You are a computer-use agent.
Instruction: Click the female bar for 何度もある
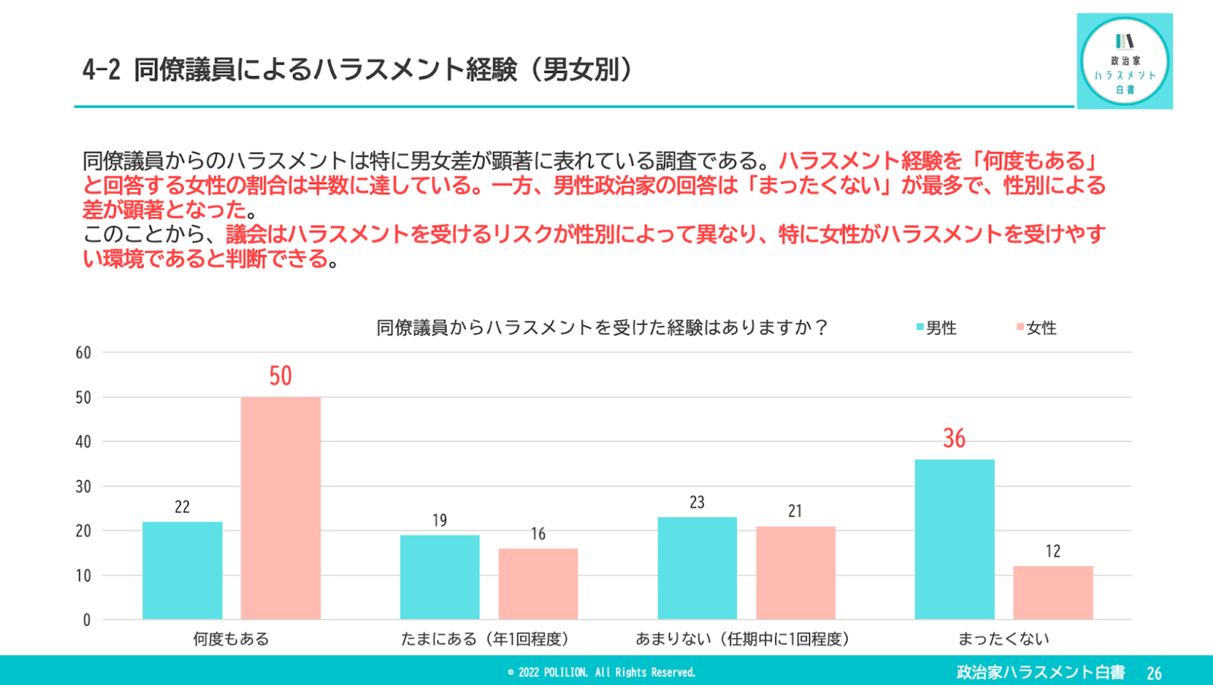(280, 508)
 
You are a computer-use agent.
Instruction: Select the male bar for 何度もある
(182, 570)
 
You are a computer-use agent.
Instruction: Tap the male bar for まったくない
(954, 539)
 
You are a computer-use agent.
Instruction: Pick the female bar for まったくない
(1053, 592)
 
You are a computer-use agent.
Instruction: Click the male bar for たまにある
(440, 577)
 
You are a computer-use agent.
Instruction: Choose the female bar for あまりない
(795, 572)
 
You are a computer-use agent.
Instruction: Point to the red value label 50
(280, 376)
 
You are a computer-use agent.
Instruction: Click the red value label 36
(954, 438)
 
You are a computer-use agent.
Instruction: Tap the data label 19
(440, 521)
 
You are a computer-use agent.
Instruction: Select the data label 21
(795, 511)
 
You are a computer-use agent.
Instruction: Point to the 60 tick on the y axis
(83, 353)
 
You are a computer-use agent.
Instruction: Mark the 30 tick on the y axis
(83, 487)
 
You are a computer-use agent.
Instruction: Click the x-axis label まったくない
(1003, 639)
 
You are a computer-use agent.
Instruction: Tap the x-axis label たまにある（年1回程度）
(485, 639)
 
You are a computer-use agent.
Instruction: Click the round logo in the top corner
(1124, 61)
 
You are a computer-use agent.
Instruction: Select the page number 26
(1154, 673)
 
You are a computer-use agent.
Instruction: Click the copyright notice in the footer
(602, 672)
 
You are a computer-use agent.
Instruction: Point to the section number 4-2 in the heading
(101, 70)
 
